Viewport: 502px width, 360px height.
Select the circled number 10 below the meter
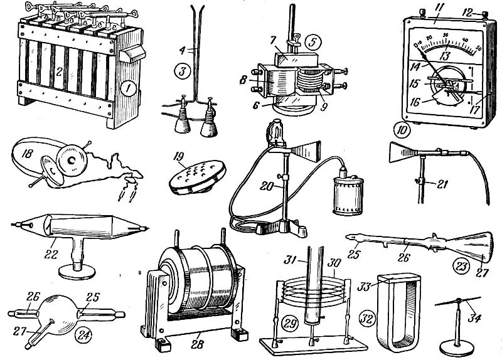(402, 131)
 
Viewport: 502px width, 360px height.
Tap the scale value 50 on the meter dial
(478, 47)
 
